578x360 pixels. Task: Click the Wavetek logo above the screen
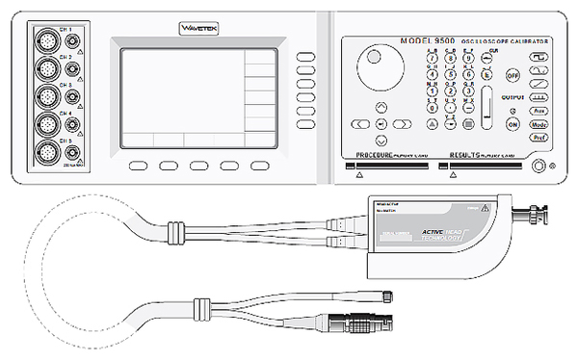tap(200, 29)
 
